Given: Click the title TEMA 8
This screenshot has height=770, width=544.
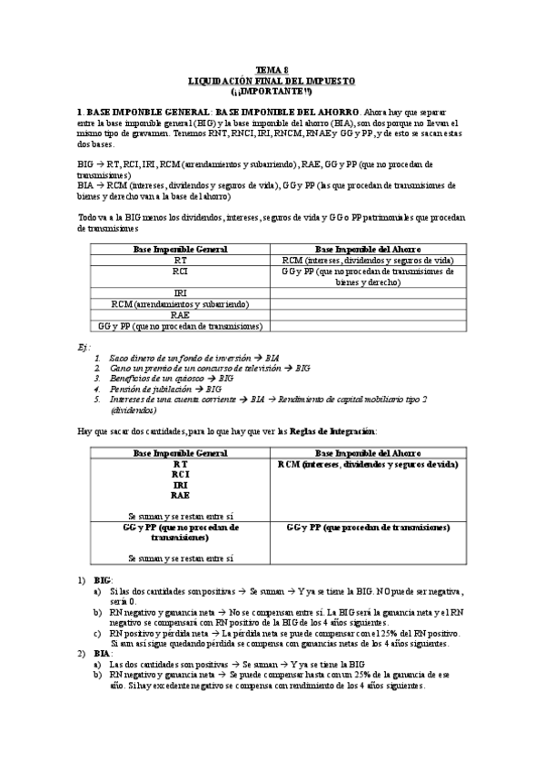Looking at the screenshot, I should click(272, 70).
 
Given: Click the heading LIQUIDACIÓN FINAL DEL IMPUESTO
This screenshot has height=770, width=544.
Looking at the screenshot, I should click(272, 80).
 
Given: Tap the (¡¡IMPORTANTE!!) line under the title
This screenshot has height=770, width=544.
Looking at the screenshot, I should click(272, 90).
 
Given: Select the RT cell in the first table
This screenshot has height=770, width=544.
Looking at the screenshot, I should click(181, 260).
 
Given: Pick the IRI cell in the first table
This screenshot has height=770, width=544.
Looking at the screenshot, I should click(181, 292).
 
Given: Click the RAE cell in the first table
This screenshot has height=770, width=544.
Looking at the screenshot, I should click(181, 314).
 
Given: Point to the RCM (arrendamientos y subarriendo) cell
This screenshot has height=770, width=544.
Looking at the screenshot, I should click(181, 303).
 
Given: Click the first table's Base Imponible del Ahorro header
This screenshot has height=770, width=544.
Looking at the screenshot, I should click(368, 249).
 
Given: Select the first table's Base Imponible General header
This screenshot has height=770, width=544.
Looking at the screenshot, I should click(181, 249).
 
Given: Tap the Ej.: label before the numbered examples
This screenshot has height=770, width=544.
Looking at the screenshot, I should click(83, 348).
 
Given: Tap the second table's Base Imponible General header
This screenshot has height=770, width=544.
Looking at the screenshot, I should click(181, 452).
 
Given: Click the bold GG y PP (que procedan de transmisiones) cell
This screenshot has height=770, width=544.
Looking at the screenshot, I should click(368, 527).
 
